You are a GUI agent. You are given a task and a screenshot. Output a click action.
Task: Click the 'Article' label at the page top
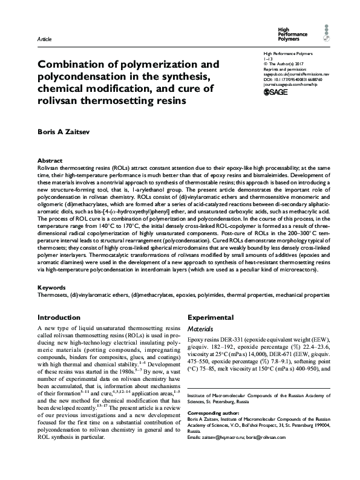point(44,39)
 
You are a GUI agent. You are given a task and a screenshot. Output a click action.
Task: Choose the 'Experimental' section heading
point(211,317)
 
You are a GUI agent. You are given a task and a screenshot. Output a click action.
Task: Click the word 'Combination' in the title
point(75,64)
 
